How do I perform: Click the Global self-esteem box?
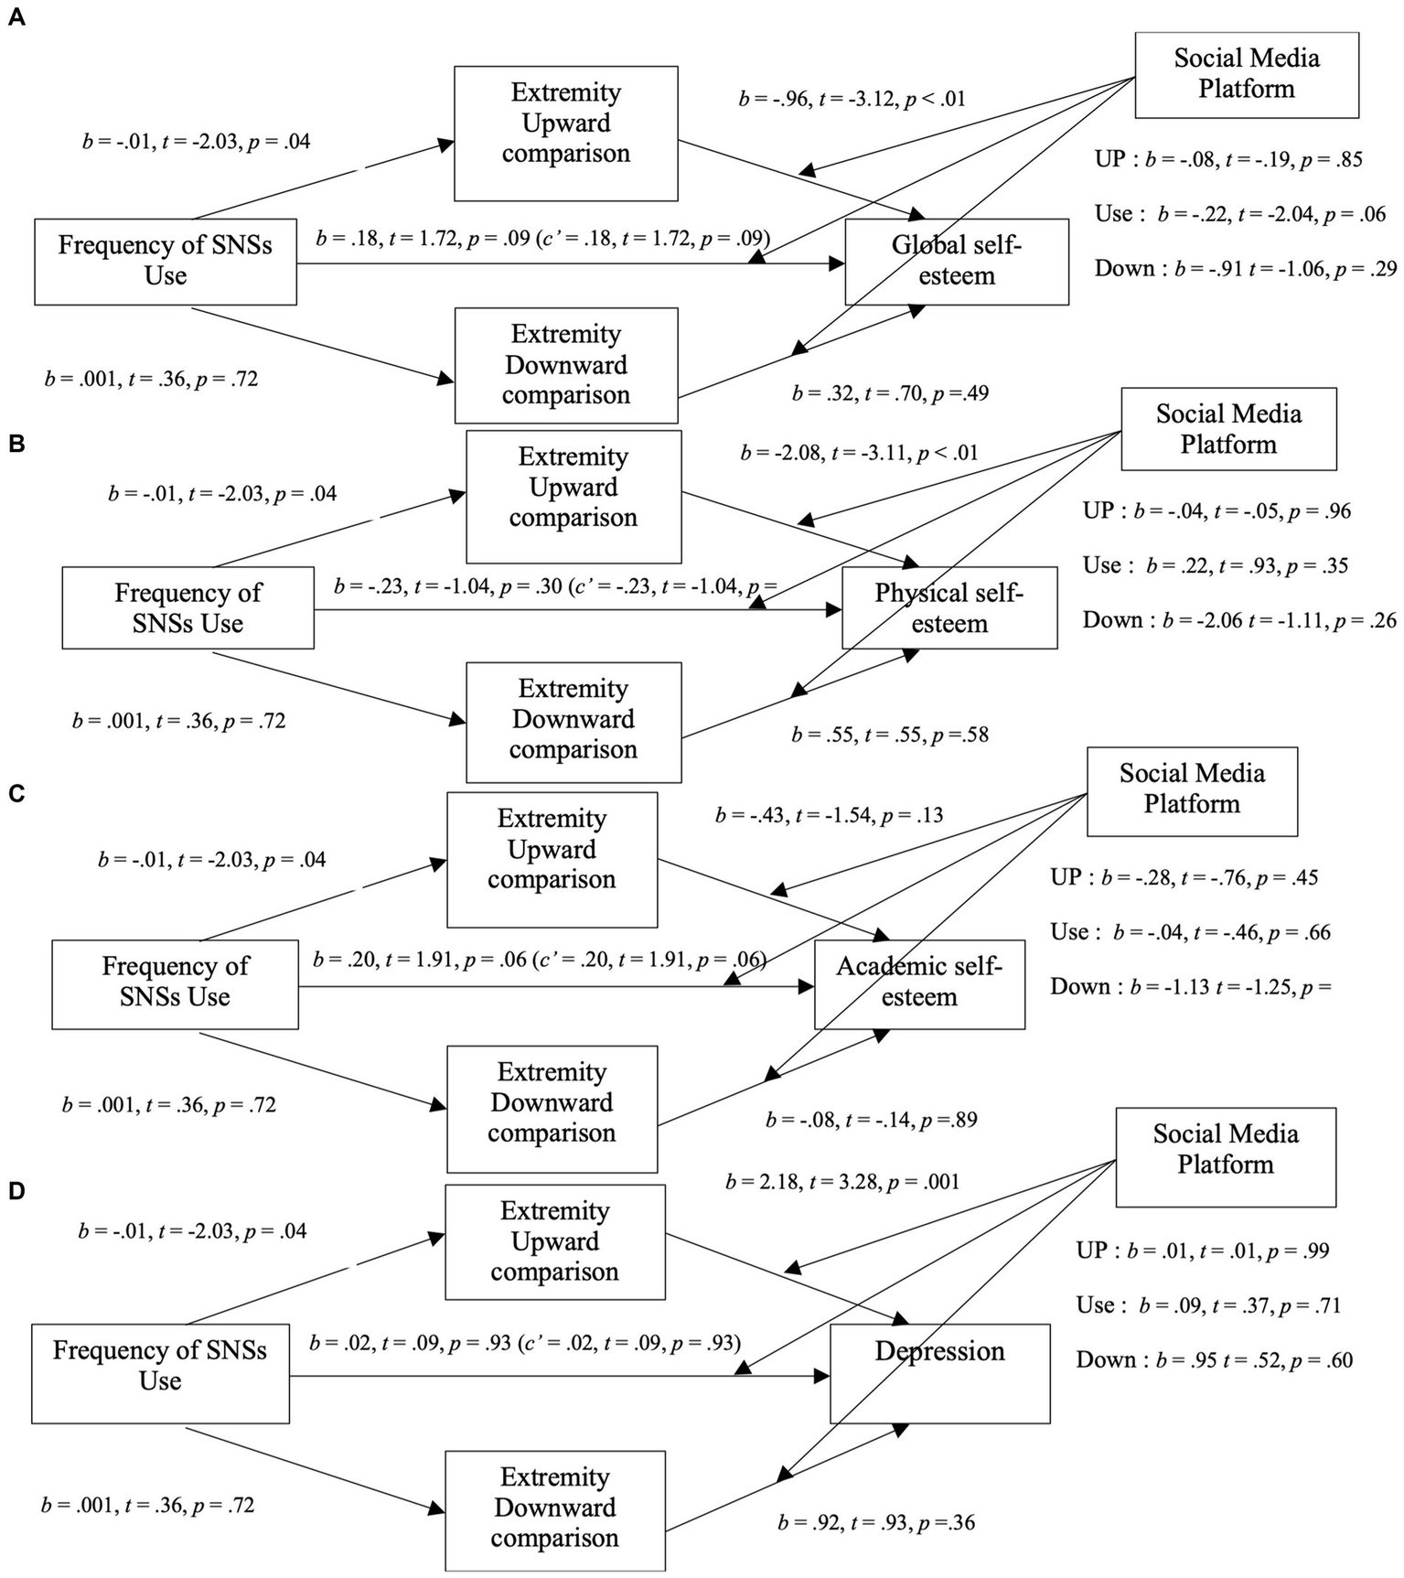[x=956, y=261]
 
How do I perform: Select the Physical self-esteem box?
[x=949, y=608]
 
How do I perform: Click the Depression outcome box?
[x=939, y=1372]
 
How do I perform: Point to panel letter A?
[x=16, y=18]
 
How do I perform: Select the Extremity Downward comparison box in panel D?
[x=554, y=1509]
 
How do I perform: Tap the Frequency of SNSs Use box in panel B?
[x=188, y=607]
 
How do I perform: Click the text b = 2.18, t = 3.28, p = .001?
[x=841, y=1182]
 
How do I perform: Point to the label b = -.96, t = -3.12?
[x=852, y=99]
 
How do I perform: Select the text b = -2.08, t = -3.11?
[x=858, y=452]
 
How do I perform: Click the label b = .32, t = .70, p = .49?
[x=889, y=393]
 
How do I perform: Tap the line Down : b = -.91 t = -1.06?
[x=1245, y=269]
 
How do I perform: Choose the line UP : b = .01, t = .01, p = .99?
[x=1202, y=1251]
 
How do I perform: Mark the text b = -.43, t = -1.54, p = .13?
[x=828, y=815]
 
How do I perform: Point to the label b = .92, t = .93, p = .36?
[x=875, y=1523]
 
